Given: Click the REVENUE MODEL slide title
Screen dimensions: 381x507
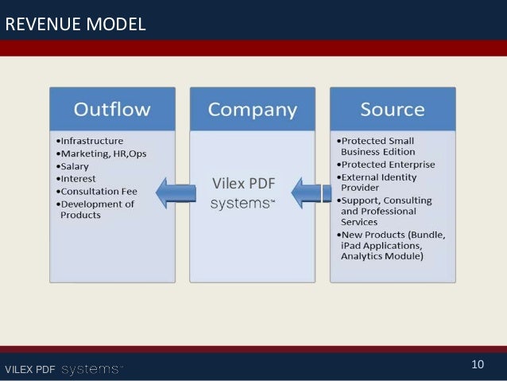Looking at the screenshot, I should [75, 25].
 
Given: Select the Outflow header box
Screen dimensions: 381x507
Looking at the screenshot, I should [112, 109].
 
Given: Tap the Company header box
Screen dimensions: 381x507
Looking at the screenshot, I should [253, 109].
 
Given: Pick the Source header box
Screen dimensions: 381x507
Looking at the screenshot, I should [393, 109].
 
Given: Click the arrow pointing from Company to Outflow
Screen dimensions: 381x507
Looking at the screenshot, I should [176, 191].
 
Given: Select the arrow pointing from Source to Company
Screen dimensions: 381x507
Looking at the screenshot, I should [311, 192].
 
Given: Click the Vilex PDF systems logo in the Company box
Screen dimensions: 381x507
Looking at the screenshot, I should [243, 193].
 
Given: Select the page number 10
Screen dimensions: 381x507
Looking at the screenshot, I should [478, 365].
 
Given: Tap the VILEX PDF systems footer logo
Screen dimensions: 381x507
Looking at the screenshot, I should [64, 369].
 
